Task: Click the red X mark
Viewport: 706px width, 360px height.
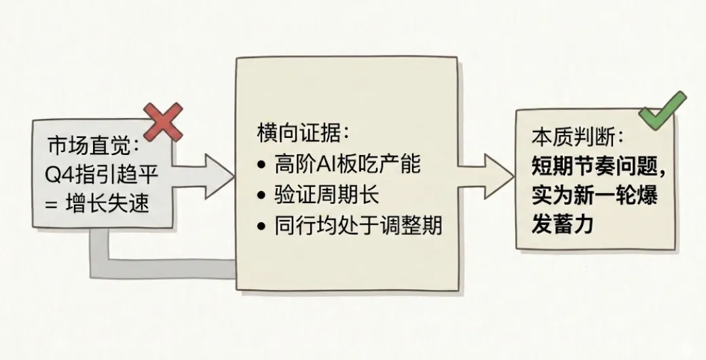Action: (164, 122)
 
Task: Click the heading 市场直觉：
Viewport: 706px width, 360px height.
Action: (94, 146)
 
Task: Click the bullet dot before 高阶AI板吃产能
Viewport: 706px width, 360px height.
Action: (263, 165)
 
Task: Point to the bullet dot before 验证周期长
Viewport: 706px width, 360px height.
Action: (263, 196)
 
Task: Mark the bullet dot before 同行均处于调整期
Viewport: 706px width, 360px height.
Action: (263, 226)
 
